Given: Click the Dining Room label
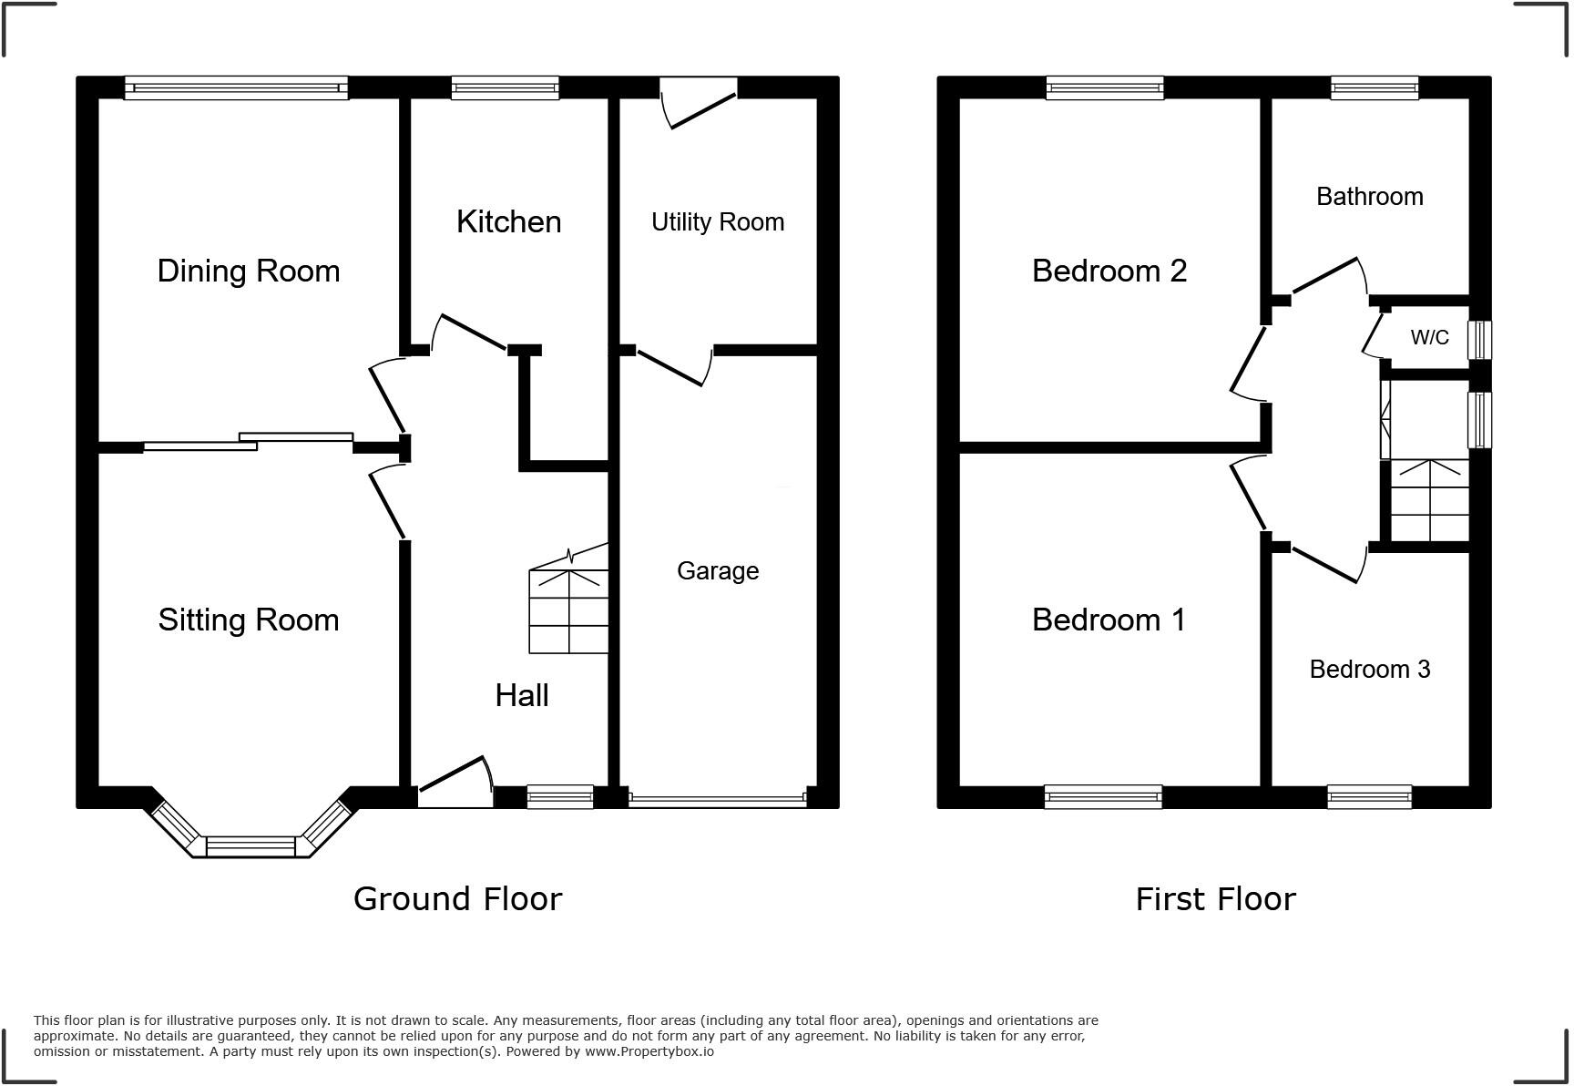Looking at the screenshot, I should (x=249, y=271).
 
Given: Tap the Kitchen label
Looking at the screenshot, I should (x=508, y=221).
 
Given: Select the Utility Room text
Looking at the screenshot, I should (x=717, y=221).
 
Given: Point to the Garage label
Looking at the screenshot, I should (x=717, y=570).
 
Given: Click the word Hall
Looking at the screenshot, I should (x=521, y=695).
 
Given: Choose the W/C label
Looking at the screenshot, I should (x=1429, y=337).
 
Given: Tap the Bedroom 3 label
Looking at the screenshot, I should (x=1369, y=669).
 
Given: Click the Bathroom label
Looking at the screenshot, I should (x=1369, y=196).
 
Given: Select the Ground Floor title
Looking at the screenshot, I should (x=457, y=898).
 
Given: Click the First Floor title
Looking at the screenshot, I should (x=1215, y=898).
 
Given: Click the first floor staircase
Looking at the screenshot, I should (x=1430, y=500).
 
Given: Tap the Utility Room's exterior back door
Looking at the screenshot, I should (x=700, y=102).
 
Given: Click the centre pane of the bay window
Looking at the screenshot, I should (x=250, y=846).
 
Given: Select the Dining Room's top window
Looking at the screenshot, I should (x=236, y=87).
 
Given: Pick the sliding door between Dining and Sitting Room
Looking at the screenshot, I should (x=248, y=442).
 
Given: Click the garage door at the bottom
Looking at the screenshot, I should (x=717, y=800).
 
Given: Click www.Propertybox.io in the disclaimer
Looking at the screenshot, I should (x=649, y=1051).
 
